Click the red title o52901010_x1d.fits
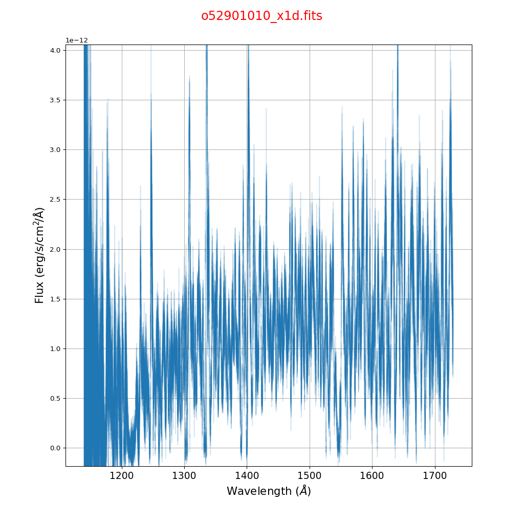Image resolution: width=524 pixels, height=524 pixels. (261, 16)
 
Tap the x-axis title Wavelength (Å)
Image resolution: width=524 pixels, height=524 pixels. (269, 491)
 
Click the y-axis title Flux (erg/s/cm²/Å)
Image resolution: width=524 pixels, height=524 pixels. (39, 255)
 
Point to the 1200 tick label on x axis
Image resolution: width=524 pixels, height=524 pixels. (121, 476)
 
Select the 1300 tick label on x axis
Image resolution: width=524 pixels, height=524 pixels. (184, 476)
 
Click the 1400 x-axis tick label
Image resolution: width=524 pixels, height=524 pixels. (247, 476)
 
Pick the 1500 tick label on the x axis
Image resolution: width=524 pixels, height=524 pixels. (309, 476)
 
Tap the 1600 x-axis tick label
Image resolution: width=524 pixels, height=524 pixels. (372, 476)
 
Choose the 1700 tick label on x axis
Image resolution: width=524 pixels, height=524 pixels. (434, 476)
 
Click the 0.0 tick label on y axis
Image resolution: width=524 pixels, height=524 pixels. (55, 448)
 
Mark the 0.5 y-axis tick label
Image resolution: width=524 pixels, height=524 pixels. (55, 399)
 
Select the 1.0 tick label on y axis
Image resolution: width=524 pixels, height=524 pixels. (55, 349)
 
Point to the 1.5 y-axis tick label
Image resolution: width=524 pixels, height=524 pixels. (55, 299)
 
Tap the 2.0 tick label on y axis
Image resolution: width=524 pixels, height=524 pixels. (55, 249)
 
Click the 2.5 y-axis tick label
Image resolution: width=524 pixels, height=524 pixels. (55, 200)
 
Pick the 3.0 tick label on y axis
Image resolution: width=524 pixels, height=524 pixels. (55, 150)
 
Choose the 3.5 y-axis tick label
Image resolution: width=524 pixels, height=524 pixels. (55, 100)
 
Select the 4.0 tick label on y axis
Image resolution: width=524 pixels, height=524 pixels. (55, 50)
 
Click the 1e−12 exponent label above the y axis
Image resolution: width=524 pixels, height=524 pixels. (77, 40)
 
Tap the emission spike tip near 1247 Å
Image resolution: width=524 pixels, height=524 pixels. (151, 95)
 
